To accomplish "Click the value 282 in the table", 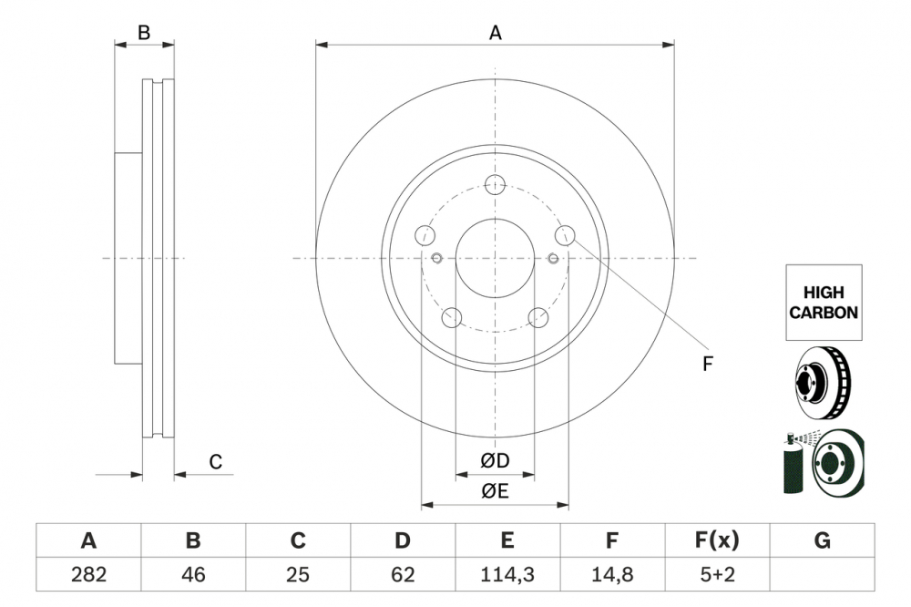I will (88, 574).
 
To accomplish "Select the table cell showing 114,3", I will (507, 574).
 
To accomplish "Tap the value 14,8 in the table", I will (612, 574).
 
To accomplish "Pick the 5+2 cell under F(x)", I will (717, 574).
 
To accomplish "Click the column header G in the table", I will (822, 541).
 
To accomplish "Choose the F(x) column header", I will (717, 541).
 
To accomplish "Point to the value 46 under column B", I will (193, 574).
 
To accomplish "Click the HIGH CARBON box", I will (823, 303).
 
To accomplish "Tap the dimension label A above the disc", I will (495, 34).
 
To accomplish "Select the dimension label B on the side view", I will (143, 34).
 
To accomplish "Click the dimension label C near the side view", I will (216, 463).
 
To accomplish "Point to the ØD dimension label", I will (495, 462).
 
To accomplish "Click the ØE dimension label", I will (495, 491).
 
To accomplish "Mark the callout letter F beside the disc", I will (707, 365).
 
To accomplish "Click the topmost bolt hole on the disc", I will (495, 185).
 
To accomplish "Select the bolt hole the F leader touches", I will (565, 235).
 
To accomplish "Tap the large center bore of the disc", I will (495, 259).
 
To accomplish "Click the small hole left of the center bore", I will (437, 259).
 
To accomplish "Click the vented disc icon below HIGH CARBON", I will (824, 383).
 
